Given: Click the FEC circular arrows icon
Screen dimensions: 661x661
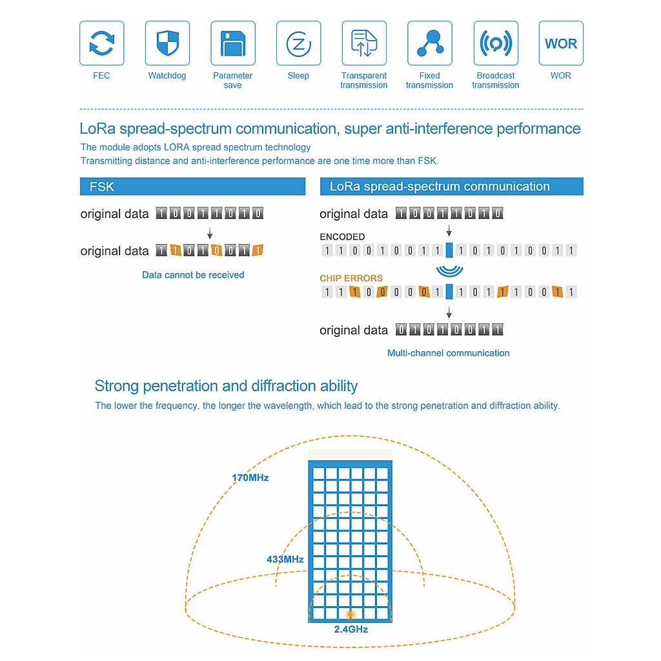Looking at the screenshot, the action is point(101,43).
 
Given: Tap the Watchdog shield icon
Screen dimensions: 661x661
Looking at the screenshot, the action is point(167,43).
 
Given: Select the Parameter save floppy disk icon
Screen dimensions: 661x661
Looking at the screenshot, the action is point(233,43).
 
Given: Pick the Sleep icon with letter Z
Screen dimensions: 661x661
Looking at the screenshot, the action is point(298,43).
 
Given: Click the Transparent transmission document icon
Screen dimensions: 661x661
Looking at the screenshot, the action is point(364,43).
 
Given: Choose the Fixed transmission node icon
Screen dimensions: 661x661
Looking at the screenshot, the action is point(430,43).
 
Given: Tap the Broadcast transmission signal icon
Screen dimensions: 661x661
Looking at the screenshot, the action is point(496,43).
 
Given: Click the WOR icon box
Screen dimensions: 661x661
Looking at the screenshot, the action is point(561,43).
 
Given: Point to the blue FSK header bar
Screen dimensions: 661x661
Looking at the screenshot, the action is point(192,187).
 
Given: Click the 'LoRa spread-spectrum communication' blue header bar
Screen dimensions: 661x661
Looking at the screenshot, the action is point(451,187).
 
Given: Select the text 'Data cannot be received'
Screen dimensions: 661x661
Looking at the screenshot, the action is point(193,275).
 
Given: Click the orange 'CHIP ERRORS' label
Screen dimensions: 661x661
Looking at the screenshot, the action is point(351,278).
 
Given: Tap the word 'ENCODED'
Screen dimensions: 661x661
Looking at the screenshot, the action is point(342,237).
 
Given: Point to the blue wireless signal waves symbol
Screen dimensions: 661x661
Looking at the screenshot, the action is point(449,270).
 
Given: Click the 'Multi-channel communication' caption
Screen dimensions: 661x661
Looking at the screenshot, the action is point(449,353).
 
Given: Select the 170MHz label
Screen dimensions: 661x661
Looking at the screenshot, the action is point(250,478).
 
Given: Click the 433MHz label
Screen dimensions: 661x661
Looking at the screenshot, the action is point(285,560).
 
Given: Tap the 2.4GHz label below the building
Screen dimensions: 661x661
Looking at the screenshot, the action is point(351,629).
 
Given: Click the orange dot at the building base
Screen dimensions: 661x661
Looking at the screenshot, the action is point(351,615).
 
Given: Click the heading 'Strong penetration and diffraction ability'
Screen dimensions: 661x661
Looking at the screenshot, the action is point(226,386).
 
